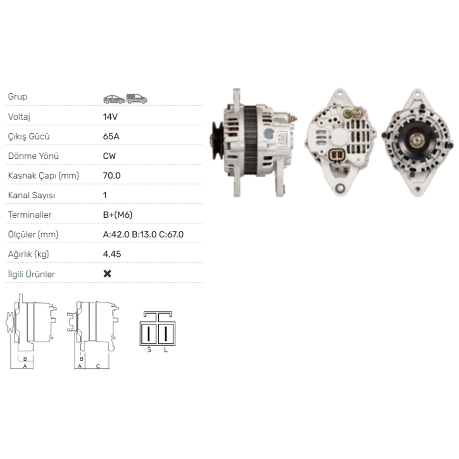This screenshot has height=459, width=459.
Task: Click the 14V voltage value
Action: point(110,117)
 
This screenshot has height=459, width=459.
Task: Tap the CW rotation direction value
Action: point(109,156)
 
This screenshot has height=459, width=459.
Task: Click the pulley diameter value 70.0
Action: point(112,175)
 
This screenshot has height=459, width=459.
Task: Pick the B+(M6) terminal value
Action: point(118,215)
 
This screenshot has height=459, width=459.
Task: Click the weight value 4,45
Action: point(112,254)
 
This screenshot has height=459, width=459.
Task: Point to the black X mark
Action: point(107,274)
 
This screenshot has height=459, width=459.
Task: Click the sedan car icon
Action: point(114,99)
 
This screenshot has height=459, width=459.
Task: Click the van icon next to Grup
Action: point(137,98)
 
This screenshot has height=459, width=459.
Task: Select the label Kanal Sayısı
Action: point(32,195)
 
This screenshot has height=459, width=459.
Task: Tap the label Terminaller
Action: point(30,215)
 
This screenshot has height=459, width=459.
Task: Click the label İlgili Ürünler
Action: point(31,274)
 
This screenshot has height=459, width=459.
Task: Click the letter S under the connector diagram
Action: point(149,350)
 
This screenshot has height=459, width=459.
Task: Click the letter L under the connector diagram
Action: point(166,350)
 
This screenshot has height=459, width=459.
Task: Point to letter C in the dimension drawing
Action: point(98,366)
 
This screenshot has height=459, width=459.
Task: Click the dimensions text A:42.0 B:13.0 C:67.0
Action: point(143,235)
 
